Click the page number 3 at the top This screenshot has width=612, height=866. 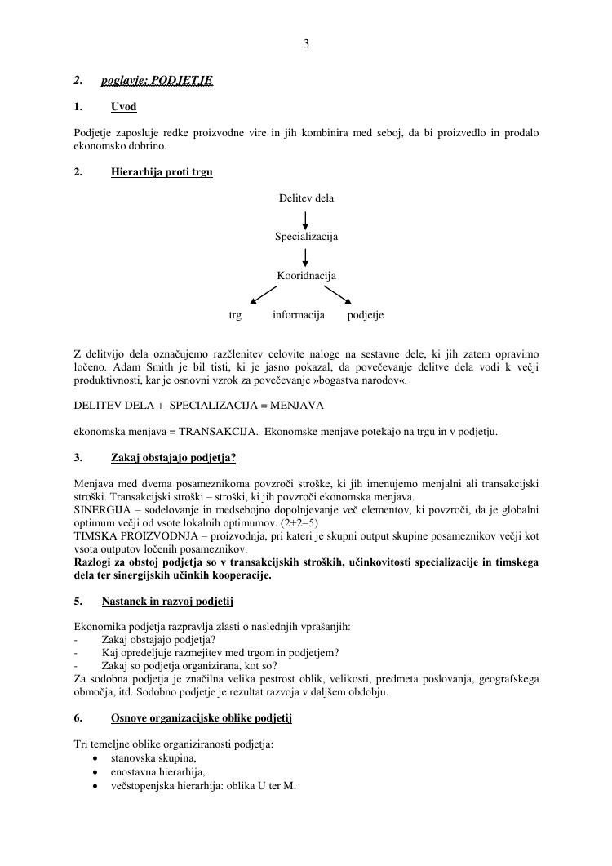click(306, 44)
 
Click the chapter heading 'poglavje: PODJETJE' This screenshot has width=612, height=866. click(157, 81)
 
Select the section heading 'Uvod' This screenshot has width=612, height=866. click(124, 107)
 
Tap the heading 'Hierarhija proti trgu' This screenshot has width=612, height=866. click(162, 172)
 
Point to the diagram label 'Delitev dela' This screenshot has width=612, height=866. click(306, 198)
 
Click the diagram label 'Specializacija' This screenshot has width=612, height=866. click(306, 237)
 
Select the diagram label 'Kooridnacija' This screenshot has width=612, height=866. click(306, 276)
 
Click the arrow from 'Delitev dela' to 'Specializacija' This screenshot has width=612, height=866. click(306, 218)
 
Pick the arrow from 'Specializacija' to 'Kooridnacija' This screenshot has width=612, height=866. click(306, 256)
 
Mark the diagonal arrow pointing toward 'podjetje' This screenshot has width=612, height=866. click(338, 294)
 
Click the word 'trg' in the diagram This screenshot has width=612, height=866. click(235, 315)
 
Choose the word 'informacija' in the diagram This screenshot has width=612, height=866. click(299, 315)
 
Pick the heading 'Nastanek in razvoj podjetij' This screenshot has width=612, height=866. click(168, 602)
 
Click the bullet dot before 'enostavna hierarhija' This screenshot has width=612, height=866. click(96, 771)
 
